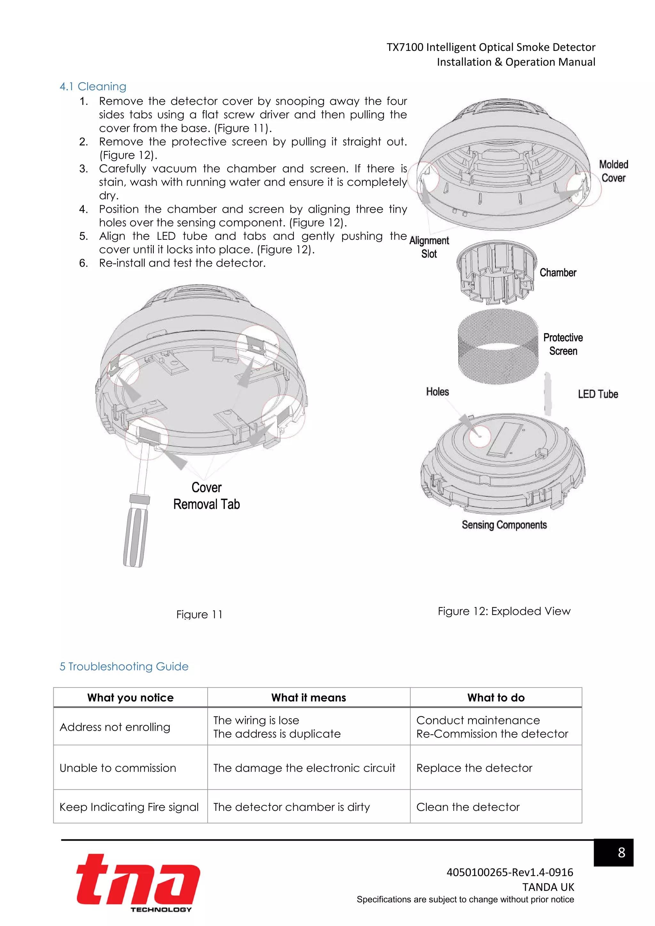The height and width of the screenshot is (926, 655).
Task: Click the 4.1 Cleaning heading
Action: pos(93,86)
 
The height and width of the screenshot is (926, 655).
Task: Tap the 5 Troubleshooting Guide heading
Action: pos(124,666)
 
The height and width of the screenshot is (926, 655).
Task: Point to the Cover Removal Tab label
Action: pos(207,496)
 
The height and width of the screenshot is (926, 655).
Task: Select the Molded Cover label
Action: pos(613,171)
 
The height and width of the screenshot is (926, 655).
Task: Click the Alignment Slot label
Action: pos(429,247)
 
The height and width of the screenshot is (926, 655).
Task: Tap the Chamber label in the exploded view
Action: pos(558,273)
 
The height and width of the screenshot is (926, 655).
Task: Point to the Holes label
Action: pos(437,392)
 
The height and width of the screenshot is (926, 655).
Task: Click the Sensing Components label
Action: pos(504,525)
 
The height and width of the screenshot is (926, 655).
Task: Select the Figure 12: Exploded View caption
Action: pos(504,611)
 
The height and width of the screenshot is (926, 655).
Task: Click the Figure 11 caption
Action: pos(199,614)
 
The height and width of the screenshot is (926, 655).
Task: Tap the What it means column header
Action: pos(309,698)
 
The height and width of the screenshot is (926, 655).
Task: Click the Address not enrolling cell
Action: pos(115,727)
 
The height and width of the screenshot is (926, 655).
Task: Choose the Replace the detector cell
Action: pos(474,768)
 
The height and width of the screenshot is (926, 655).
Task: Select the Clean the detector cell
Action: pos(468,807)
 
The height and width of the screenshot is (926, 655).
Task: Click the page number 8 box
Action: pos(613,852)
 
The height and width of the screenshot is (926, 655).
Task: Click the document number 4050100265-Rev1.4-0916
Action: pos(509,872)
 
